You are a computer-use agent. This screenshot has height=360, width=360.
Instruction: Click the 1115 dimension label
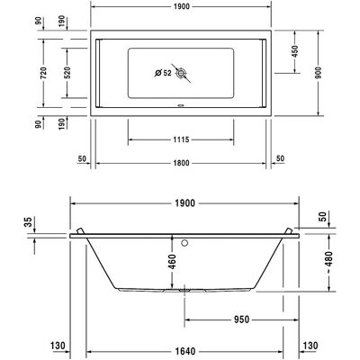click(181, 139)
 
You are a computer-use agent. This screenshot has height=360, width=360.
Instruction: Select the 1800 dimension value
click(181, 163)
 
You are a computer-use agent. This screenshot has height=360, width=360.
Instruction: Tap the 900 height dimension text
click(319, 73)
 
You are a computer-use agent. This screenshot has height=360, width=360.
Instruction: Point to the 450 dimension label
click(295, 51)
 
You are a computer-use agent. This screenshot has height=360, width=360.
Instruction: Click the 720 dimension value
click(43, 73)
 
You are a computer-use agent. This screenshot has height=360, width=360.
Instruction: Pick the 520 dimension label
click(67, 73)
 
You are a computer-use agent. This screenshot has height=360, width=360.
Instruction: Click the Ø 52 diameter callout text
click(163, 73)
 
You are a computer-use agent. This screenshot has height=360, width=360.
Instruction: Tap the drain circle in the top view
click(181, 73)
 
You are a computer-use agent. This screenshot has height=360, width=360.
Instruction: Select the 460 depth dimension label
click(172, 262)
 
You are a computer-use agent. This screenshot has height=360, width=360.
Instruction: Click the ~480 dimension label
click(328, 262)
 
